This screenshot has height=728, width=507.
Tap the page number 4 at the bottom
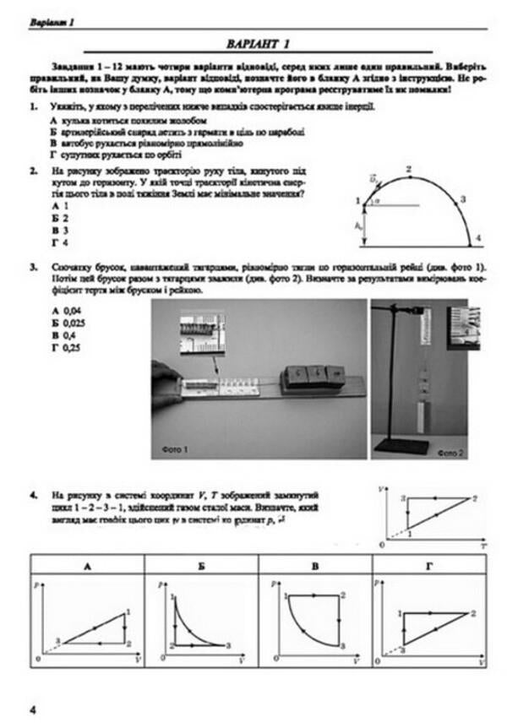tap(32, 710)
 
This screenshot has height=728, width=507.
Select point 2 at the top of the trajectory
tap(409, 171)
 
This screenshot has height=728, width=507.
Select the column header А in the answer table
tap(87, 567)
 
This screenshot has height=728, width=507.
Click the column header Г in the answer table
tap(428, 567)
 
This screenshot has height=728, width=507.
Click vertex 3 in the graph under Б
tap(228, 646)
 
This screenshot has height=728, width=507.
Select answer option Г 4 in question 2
tap(58, 242)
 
